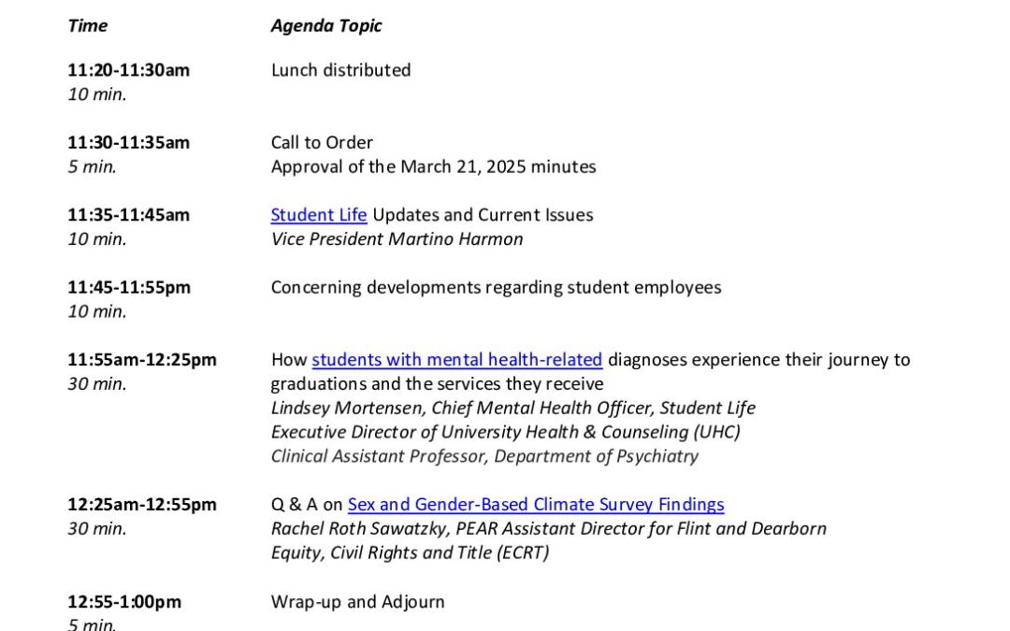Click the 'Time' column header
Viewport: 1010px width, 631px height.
87,26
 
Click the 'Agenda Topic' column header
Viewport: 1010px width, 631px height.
326,26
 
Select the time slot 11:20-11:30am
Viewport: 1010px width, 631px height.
128,70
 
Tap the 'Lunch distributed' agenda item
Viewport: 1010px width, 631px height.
340,70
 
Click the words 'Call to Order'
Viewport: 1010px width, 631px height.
322,143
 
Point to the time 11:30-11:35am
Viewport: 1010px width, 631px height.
128,143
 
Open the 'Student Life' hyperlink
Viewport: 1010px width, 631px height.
319,215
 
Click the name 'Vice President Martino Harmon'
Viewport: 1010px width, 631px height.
397,239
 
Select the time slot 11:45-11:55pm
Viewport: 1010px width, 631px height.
129,288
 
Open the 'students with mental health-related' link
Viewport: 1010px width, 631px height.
457,360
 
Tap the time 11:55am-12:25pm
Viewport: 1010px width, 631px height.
142,360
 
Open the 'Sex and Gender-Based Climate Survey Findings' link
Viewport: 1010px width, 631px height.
536,505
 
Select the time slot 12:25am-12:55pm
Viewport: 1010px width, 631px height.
142,505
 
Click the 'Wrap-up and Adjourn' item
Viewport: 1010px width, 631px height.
357,602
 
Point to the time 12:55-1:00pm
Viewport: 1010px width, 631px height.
124,602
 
